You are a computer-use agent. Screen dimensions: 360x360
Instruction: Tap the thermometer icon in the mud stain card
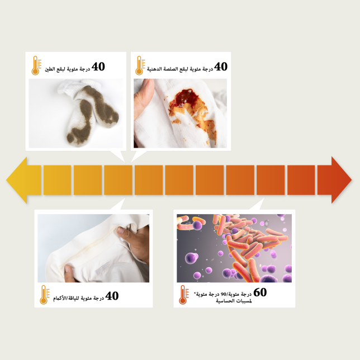pyautogui.click(x=36, y=65)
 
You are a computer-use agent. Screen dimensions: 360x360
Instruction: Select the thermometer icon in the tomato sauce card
pyautogui.click(x=140, y=65)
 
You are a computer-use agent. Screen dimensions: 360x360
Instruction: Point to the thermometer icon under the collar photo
pyautogui.click(x=45, y=295)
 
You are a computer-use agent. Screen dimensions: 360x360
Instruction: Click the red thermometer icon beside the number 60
pyautogui.click(x=184, y=295)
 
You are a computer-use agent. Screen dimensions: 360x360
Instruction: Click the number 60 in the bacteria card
pyautogui.click(x=260, y=292)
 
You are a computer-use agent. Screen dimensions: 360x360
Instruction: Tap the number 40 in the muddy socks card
pyautogui.click(x=98, y=67)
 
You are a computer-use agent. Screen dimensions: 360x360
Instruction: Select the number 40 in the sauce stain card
pyautogui.click(x=221, y=67)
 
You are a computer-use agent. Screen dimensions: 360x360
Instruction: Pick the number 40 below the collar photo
pyautogui.click(x=112, y=296)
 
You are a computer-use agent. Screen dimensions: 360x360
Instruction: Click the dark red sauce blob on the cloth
pyautogui.click(x=184, y=98)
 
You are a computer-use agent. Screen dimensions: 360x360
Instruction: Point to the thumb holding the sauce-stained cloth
pyautogui.click(x=144, y=94)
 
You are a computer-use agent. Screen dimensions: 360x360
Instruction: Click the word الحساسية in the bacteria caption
pyautogui.click(x=224, y=301)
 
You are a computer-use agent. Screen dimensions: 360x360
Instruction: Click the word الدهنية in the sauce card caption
pyautogui.click(x=154, y=69)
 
